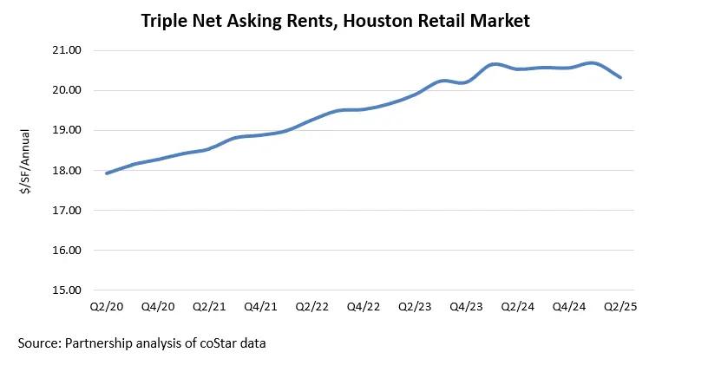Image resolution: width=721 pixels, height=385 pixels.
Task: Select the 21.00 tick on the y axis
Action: click(67, 50)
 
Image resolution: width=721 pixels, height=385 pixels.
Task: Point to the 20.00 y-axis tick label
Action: click(67, 90)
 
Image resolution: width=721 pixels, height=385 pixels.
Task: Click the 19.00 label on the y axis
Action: click(67, 130)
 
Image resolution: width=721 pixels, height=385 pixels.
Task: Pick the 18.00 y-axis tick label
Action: click(67, 170)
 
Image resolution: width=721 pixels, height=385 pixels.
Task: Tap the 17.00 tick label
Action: click(67, 210)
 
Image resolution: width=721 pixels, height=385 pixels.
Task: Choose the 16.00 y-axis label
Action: click(67, 250)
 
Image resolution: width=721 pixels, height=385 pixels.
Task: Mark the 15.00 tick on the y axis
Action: click(67, 290)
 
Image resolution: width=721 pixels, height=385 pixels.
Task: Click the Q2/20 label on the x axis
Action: click(108, 307)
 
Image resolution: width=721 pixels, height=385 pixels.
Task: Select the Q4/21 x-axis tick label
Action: click(261, 307)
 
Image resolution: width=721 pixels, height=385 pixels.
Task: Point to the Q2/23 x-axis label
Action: click(415, 307)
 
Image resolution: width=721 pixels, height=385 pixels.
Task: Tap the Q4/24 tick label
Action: click(569, 307)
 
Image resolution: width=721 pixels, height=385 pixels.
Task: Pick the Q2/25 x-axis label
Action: click(620, 307)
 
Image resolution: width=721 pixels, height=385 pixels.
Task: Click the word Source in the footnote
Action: click(39, 343)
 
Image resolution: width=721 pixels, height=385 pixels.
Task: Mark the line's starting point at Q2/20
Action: click(107, 173)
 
